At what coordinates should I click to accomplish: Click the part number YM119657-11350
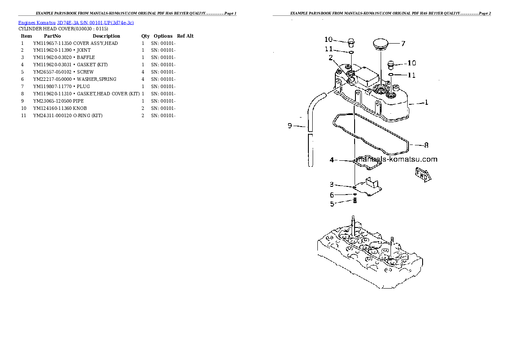(52, 43)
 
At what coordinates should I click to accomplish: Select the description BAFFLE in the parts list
(86, 57)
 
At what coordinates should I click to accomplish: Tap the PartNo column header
(52, 36)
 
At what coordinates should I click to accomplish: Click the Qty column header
(145, 36)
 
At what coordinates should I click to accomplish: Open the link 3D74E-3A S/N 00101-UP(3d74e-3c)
(95, 23)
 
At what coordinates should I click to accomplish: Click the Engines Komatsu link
(37, 23)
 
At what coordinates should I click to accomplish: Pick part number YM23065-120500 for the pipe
(52, 101)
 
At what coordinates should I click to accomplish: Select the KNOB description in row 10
(80, 109)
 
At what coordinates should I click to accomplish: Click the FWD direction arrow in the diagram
(423, 174)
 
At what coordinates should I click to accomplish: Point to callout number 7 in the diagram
(403, 44)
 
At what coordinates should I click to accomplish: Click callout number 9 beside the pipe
(290, 126)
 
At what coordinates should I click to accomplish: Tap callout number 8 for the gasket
(426, 145)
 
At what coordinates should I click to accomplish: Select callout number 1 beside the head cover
(426, 103)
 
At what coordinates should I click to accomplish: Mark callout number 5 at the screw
(332, 204)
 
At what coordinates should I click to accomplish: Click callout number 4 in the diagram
(332, 160)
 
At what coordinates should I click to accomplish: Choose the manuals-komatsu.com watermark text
(397, 159)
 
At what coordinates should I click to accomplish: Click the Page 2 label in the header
(485, 13)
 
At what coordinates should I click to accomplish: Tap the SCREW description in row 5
(85, 72)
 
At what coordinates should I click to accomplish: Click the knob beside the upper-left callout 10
(351, 42)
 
